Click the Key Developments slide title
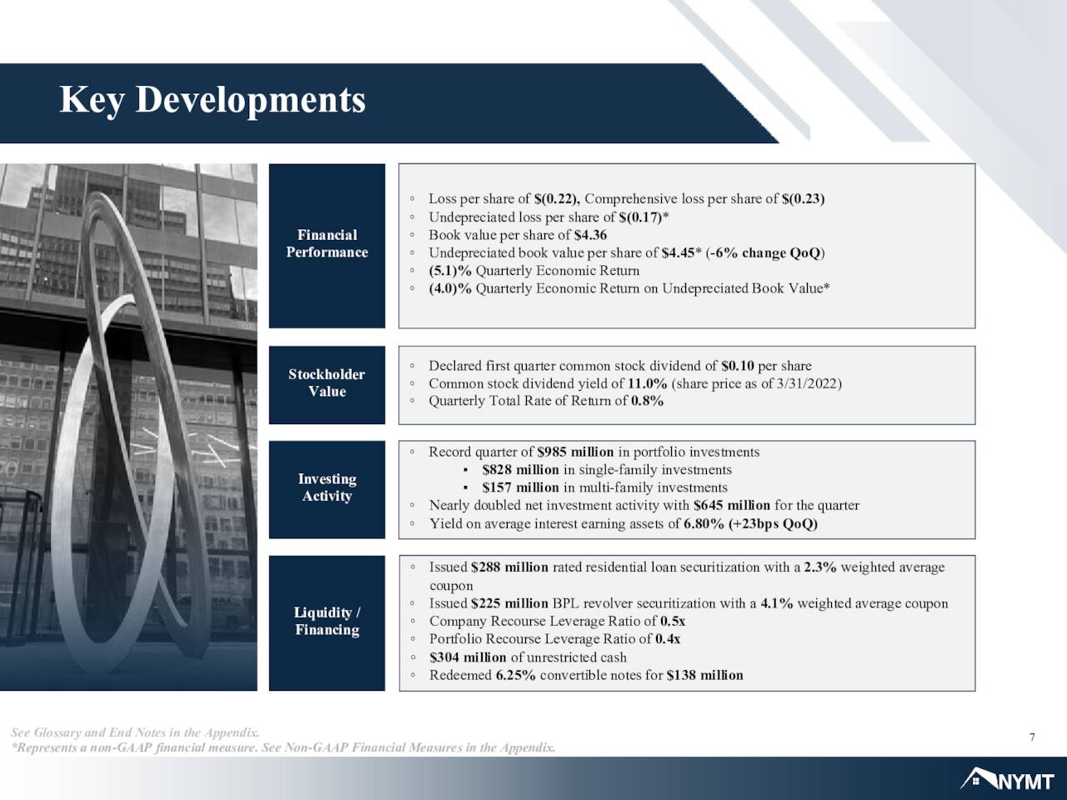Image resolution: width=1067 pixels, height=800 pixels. point(213,101)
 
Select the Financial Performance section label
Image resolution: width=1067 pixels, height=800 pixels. point(327,243)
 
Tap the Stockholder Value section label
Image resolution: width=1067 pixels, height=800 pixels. point(327,382)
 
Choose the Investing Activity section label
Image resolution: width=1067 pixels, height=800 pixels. point(327,487)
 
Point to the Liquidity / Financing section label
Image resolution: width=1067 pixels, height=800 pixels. point(327,621)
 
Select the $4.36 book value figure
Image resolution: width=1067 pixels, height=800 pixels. point(590,235)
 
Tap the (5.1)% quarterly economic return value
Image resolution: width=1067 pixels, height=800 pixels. point(449,271)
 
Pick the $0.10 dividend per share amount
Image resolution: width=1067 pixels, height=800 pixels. point(738,365)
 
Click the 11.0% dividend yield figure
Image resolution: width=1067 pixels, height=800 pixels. point(647,383)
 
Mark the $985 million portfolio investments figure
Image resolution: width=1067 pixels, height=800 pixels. point(575,452)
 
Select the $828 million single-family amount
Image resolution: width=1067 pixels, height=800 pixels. point(521,470)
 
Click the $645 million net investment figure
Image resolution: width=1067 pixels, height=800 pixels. point(732,505)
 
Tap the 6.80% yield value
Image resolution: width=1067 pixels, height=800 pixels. point(704,523)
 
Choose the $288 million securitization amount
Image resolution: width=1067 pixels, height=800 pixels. point(509,567)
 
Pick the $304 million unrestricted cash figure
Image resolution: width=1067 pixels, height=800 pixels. point(468,657)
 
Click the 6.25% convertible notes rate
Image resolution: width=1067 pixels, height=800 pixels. point(515,675)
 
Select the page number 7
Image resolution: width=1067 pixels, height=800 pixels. point(1032,737)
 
